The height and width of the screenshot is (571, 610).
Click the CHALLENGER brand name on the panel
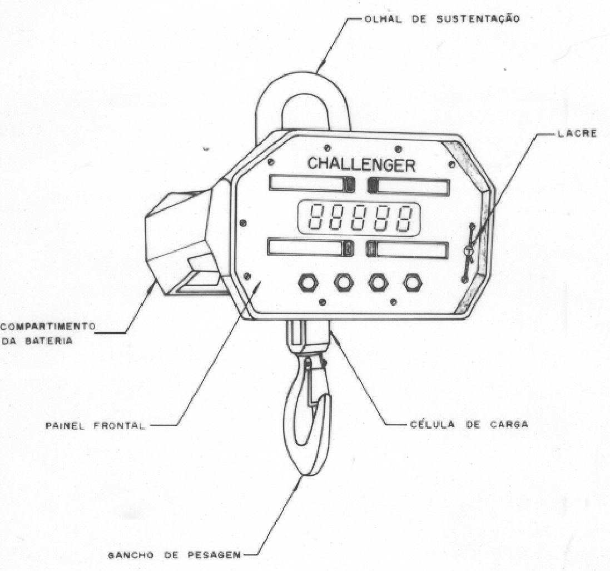pos(361,164)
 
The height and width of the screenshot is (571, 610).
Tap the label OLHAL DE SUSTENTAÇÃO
pos(442,19)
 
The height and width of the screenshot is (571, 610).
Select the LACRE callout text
pos(577,134)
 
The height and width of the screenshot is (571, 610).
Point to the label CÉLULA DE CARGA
pos(469,424)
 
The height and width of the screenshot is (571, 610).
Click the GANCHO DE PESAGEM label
pos(174,555)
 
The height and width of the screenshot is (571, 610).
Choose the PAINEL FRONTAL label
pos(95,425)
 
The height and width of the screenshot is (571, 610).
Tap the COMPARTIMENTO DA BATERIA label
pos(48,333)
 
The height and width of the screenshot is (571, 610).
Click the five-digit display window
pos(359,218)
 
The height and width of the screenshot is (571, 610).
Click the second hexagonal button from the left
pos(344,283)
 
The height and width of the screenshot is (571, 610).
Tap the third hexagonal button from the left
pos(378,283)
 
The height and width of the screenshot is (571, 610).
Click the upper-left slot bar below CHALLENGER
pos(313,183)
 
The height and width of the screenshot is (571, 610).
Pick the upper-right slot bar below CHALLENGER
pos(408,186)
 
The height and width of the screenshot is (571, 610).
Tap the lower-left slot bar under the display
pos(311,248)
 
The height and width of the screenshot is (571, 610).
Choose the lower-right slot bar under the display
pos(407,249)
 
